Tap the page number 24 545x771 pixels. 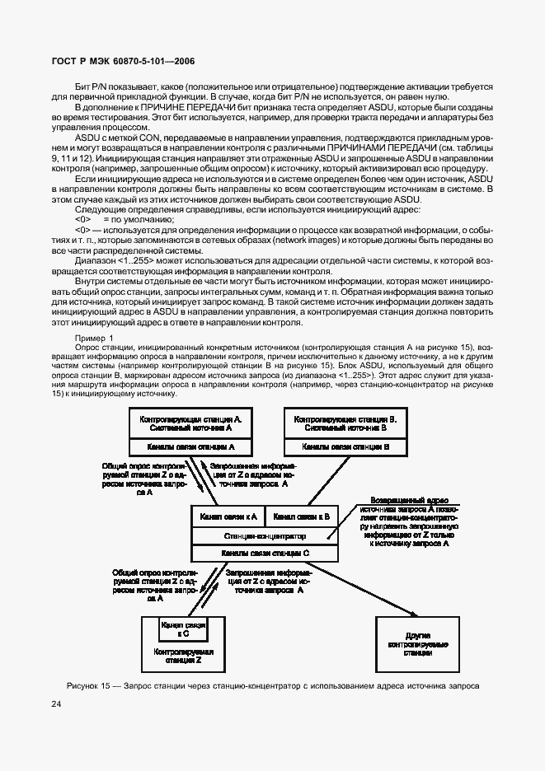click(x=56, y=704)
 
